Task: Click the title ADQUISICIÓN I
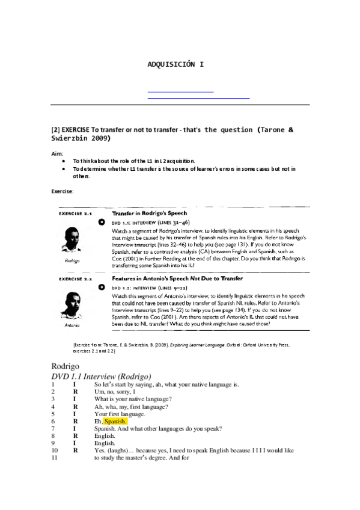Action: pyautogui.click(x=175, y=64)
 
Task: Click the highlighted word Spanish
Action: pyautogui.click(x=115, y=422)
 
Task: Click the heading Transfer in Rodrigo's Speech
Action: pyautogui.click(x=149, y=214)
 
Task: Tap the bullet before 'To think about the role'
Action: pyautogui.click(x=63, y=162)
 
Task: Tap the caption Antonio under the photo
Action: pyautogui.click(x=72, y=325)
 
